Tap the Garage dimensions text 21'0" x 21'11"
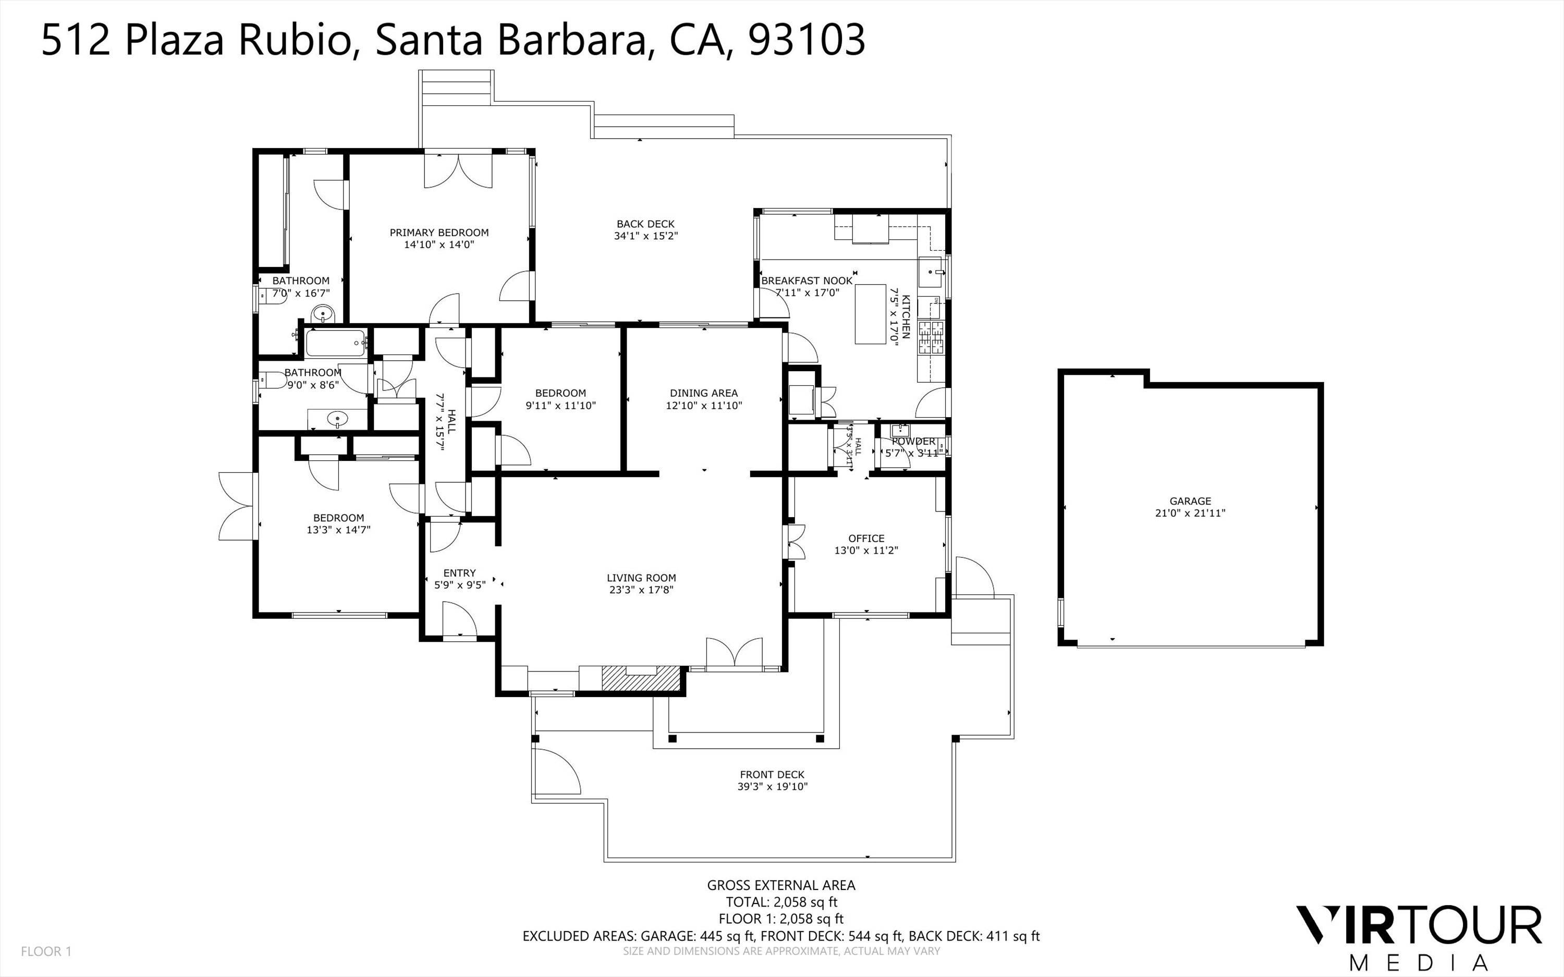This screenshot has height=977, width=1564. (1190, 514)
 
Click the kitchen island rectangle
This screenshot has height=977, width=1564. (870, 314)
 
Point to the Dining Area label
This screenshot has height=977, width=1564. (703, 393)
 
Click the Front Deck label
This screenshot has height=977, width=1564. (772, 775)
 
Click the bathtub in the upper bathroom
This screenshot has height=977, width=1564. (335, 343)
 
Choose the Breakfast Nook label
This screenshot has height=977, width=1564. (807, 281)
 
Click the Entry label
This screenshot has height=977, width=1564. (459, 573)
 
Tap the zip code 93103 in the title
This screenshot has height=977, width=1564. (806, 40)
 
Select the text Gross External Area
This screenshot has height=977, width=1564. (781, 886)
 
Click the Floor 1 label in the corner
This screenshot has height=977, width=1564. (46, 951)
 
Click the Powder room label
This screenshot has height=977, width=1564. (913, 442)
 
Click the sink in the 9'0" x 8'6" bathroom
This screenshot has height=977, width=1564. (337, 419)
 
